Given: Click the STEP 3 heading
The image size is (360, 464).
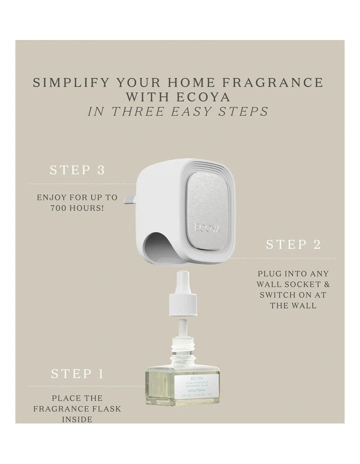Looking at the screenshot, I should coord(77,170).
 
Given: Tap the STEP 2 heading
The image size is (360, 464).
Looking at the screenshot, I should coord(293,244).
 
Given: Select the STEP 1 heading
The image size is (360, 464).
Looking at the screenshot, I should coord(77,373).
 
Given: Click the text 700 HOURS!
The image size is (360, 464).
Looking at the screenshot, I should coord(77,207).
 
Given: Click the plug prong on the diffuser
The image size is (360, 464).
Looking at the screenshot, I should coord(130,199).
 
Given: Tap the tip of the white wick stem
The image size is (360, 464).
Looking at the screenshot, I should coord(182,274).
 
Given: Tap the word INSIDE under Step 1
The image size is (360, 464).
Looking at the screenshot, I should coord(77,419).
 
